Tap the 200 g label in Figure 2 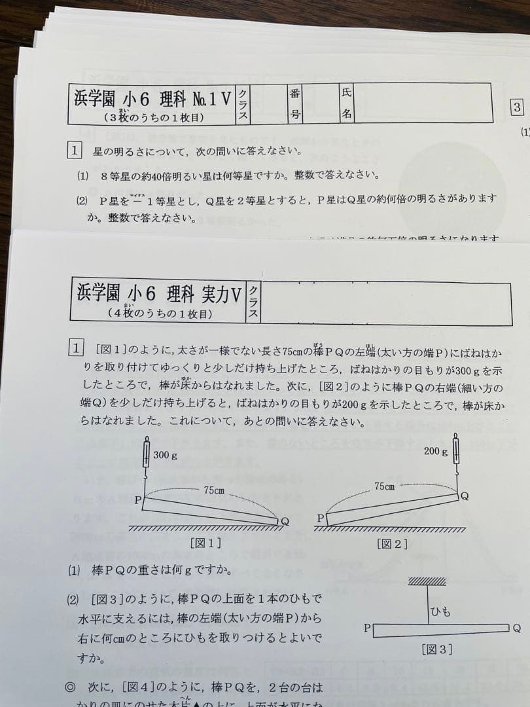[435, 451]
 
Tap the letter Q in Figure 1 [285, 521]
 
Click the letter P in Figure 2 [321, 517]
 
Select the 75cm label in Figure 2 [384, 486]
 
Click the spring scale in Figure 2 [456, 452]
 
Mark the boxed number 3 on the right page [517, 108]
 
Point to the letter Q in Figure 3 [516, 628]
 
